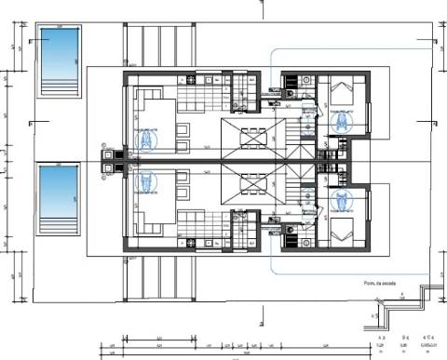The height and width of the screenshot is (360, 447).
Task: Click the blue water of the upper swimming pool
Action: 57,54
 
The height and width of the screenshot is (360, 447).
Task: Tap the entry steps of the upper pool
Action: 57,88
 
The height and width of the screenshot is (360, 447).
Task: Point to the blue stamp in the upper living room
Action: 146,140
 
